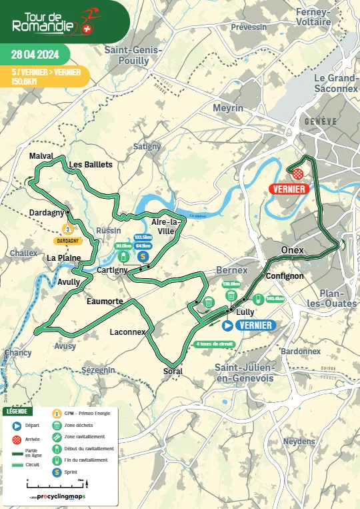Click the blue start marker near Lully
(x=227, y=326)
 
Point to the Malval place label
(x=41, y=155)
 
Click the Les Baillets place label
(x=91, y=164)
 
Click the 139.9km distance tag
(x=231, y=284)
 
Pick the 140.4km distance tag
(x=275, y=298)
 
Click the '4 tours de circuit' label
(x=215, y=344)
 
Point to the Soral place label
(x=172, y=371)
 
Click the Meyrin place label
(x=228, y=108)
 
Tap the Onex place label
(x=292, y=250)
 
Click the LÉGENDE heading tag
(x=17, y=412)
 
